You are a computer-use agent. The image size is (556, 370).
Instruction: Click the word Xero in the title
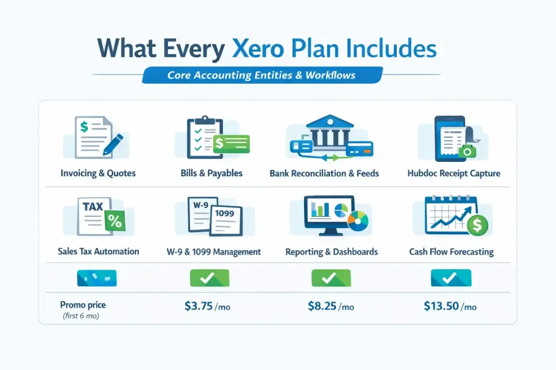click(258, 49)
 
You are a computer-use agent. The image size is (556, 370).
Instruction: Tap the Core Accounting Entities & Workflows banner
click(262, 75)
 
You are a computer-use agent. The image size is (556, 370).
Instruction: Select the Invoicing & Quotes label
click(98, 173)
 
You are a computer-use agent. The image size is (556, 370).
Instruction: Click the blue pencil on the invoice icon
click(113, 145)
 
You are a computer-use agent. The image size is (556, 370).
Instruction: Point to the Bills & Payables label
click(211, 173)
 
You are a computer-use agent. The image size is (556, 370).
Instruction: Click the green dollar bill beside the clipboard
click(232, 143)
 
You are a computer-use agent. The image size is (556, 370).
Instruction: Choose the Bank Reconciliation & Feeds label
click(324, 173)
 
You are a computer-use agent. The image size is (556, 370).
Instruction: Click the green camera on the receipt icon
click(467, 152)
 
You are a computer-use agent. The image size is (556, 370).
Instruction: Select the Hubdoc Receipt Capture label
click(453, 173)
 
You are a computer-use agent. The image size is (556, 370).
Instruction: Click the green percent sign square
click(115, 221)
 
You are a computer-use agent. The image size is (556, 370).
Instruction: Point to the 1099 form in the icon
click(226, 220)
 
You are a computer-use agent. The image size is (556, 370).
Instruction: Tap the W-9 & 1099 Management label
click(214, 251)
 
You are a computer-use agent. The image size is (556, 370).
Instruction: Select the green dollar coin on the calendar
click(477, 225)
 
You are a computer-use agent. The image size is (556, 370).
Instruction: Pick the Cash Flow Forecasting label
click(451, 251)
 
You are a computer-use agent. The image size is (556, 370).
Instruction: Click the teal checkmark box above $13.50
click(451, 277)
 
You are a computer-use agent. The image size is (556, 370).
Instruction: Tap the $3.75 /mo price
click(207, 306)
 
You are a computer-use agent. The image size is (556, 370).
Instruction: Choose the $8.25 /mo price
click(331, 306)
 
